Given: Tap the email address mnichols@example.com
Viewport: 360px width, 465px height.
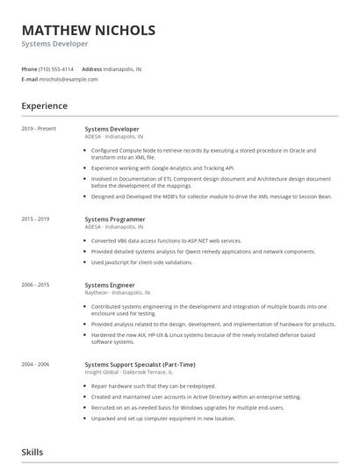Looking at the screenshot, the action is (x=68, y=79).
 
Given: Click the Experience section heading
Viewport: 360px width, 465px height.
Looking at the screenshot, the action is (x=44, y=106).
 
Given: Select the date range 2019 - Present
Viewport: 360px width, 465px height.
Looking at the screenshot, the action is (x=39, y=129).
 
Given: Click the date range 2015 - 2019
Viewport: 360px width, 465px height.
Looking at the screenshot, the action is (x=35, y=218).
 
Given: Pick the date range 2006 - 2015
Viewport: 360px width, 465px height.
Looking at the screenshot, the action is (x=35, y=285).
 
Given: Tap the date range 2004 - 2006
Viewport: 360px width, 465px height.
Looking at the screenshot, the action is (x=35, y=363).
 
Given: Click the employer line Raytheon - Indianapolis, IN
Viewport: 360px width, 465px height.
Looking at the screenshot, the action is (x=117, y=292).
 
